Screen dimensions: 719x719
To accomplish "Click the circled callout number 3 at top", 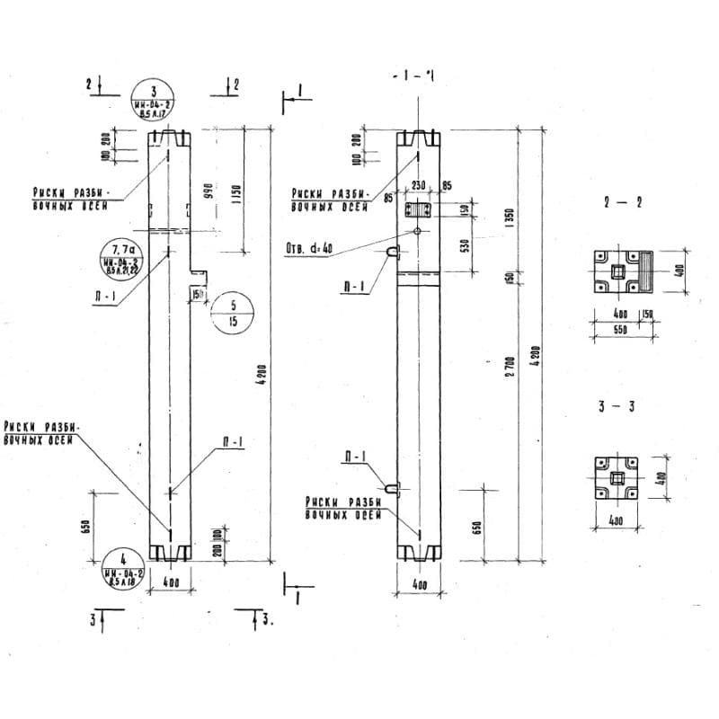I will coord(154,101).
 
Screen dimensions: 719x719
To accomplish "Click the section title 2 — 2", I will coord(623,203).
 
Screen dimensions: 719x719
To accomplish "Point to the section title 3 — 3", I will coord(617,407).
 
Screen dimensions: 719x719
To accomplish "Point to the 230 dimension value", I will coord(419,185).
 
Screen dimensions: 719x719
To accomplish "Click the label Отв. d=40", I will coord(308,249).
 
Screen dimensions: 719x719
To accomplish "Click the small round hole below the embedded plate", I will coord(419,230).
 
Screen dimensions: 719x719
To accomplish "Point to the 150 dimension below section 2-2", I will coord(647,314).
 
